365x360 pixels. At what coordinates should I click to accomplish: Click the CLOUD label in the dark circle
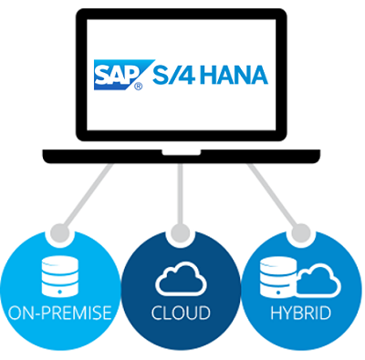point(182,314)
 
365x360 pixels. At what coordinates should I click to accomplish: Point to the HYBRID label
point(303,314)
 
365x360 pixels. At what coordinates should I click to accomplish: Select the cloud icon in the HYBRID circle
point(315,280)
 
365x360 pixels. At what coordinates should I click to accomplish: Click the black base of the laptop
point(182,156)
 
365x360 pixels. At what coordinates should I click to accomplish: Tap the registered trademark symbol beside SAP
point(139,88)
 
